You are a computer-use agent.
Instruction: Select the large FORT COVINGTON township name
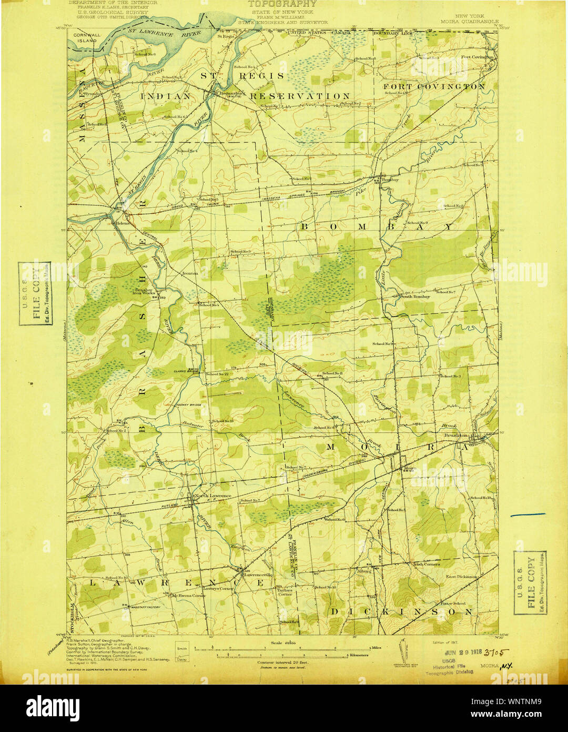(x=434, y=86)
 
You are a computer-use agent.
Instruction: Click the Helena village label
(x=122, y=223)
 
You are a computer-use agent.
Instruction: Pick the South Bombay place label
(x=415, y=296)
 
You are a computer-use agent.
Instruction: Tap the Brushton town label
(x=455, y=436)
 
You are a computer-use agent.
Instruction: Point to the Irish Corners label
(x=425, y=564)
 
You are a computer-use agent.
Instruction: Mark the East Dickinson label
(x=461, y=577)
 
